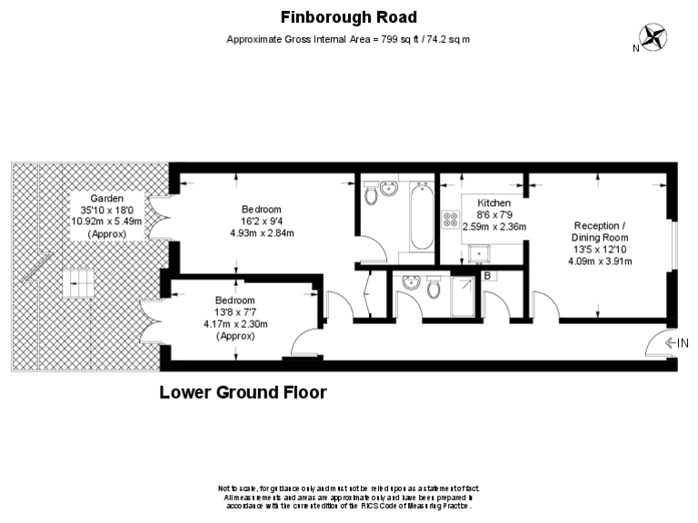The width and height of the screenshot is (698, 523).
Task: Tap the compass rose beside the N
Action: (x=653, y=37)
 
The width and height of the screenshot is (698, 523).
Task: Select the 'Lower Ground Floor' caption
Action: (x=243, y=393)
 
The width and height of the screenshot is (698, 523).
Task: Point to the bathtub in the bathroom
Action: (x=421, y=218)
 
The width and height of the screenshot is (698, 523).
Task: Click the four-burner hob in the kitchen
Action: (x=451, y=220)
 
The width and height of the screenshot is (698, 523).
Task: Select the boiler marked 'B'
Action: (x=487, y=275)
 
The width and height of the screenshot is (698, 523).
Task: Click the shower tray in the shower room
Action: (x=463, y=296)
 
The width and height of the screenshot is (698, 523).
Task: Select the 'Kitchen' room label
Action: (x=494, y=202)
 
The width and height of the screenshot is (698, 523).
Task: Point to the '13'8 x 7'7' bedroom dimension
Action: (x=234, y=312)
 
